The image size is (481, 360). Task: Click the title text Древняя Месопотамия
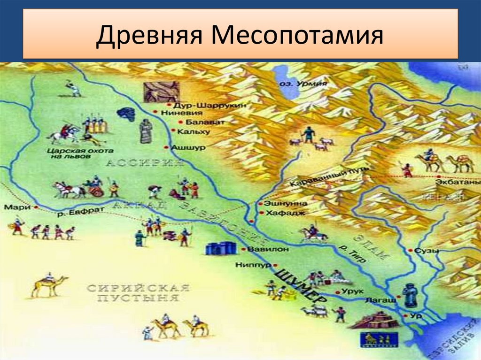240,37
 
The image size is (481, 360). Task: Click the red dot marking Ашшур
166,147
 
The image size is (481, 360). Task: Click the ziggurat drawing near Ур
374,320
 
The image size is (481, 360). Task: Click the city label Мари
13,207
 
